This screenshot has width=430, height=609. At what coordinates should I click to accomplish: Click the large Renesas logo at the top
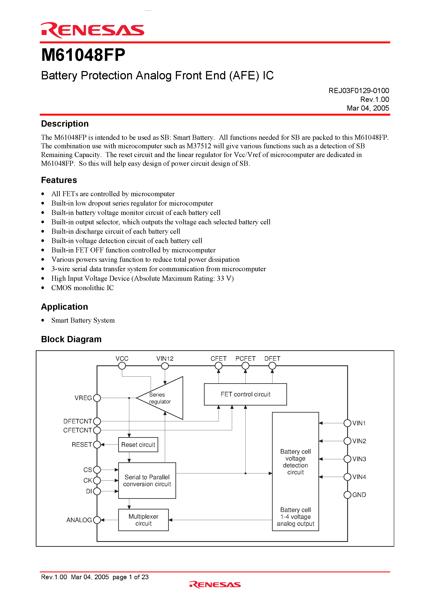pos(92,30)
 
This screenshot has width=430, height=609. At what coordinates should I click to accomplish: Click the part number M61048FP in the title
pos(83,55)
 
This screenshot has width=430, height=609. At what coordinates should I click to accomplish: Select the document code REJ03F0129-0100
pos(358,91)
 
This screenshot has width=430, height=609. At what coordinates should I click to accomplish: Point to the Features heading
pos(59,180)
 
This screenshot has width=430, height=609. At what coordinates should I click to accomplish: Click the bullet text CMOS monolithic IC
pos(82,288)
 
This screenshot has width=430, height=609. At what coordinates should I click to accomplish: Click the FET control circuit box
pos(245,394)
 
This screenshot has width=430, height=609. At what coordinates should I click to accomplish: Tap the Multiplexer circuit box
pos(143,520)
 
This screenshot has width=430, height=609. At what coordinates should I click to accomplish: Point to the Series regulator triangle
pos(164,398)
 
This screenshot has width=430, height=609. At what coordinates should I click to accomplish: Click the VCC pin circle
pos(122,366)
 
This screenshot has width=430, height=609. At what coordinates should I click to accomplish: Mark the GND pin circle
pos(347,495)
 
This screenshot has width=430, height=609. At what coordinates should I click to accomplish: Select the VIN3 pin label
pos(359,459)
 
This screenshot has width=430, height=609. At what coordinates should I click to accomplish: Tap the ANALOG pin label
pos(79,520)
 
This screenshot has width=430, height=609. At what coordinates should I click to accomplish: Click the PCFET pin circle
pos(245,366)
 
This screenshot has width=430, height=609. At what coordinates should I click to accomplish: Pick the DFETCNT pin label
pos(77,421)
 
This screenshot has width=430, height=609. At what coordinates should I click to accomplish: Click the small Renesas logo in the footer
pos(215,585)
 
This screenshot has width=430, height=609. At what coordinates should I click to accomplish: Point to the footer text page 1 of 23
pos(130,577)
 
